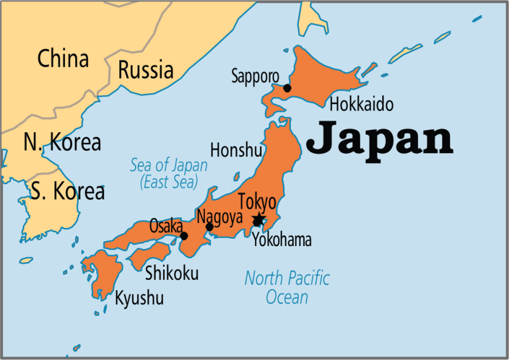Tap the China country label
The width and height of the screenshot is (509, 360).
pyautogui.click(x=63, y=59)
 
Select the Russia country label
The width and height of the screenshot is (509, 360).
pyautogui.click(x=145, y=70)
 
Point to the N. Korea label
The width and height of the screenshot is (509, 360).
pyautogui.click(x=62, y=142)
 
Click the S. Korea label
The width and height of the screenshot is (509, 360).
pyautogui.click(x=67, y=192)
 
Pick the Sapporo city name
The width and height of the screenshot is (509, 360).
pyautogui.click(x=255, y=76)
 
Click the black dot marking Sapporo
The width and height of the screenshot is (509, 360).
pyautogui.click(x=287, y=88)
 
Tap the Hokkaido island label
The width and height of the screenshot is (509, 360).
pyautogui.click(x=361, y=104)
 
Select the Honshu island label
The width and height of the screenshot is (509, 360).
pyautogui.click(x=236, y=150)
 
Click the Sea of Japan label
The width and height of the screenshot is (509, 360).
pyautogui.click(x=168, y=173)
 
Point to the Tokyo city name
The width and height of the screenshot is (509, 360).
pyautogui.click(x=257, y=202)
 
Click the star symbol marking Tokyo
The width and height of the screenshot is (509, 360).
pyautogui.click(x=259, y=218)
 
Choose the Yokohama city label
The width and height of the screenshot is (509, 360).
pyautogui.click(x=282, y=240)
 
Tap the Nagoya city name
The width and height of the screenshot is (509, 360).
pyautogui.click(x=219, y=216)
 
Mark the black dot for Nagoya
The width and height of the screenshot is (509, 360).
pyautogui.click(x=210, y=227)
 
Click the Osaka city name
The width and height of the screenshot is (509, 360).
pyautogui.click(x=166, y=226)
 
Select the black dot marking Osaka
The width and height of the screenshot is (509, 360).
pyautogui.click(x=184, y=236)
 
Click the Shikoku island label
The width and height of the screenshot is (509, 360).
pyautogui.click(x=171, y=273)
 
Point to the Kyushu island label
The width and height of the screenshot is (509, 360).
pyautogui.click(x=139, y=298)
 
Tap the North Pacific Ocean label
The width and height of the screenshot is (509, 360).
pyautogui.click(x=287, y=287)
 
